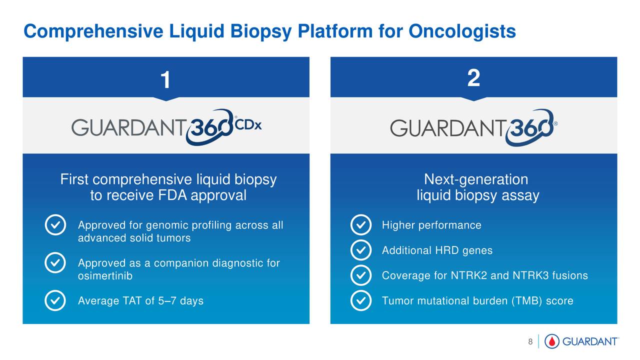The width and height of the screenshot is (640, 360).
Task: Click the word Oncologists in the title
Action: [462, 31]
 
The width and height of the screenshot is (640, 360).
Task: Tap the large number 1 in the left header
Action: [165, 79]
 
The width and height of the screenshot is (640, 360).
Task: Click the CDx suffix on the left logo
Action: [248, 125]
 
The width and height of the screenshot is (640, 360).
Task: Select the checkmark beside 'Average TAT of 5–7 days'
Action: [55, 300]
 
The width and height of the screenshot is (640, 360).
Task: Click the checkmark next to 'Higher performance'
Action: [361, 225]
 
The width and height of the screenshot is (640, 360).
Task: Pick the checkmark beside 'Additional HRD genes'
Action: [361, 250]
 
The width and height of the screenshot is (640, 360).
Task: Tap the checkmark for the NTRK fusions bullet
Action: [361, 275]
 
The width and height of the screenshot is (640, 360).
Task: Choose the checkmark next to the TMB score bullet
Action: [361, 300]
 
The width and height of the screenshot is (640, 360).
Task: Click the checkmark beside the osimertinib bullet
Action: [55, 262]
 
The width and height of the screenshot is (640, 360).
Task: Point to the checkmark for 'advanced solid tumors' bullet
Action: [55, 225]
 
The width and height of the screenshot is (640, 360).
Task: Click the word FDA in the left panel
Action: [172, 195]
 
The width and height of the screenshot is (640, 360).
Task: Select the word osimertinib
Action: [105, 276]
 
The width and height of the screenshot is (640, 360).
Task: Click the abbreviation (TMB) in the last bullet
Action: [526, 301]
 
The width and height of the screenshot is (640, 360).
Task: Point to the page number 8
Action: [530, 341]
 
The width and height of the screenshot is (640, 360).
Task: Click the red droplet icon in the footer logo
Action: [552, 341]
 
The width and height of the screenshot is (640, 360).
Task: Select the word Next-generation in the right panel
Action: [476, 179]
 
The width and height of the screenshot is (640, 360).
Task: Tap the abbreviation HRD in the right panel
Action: [447, 250]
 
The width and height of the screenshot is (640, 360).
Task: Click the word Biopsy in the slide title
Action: [261, 32]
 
